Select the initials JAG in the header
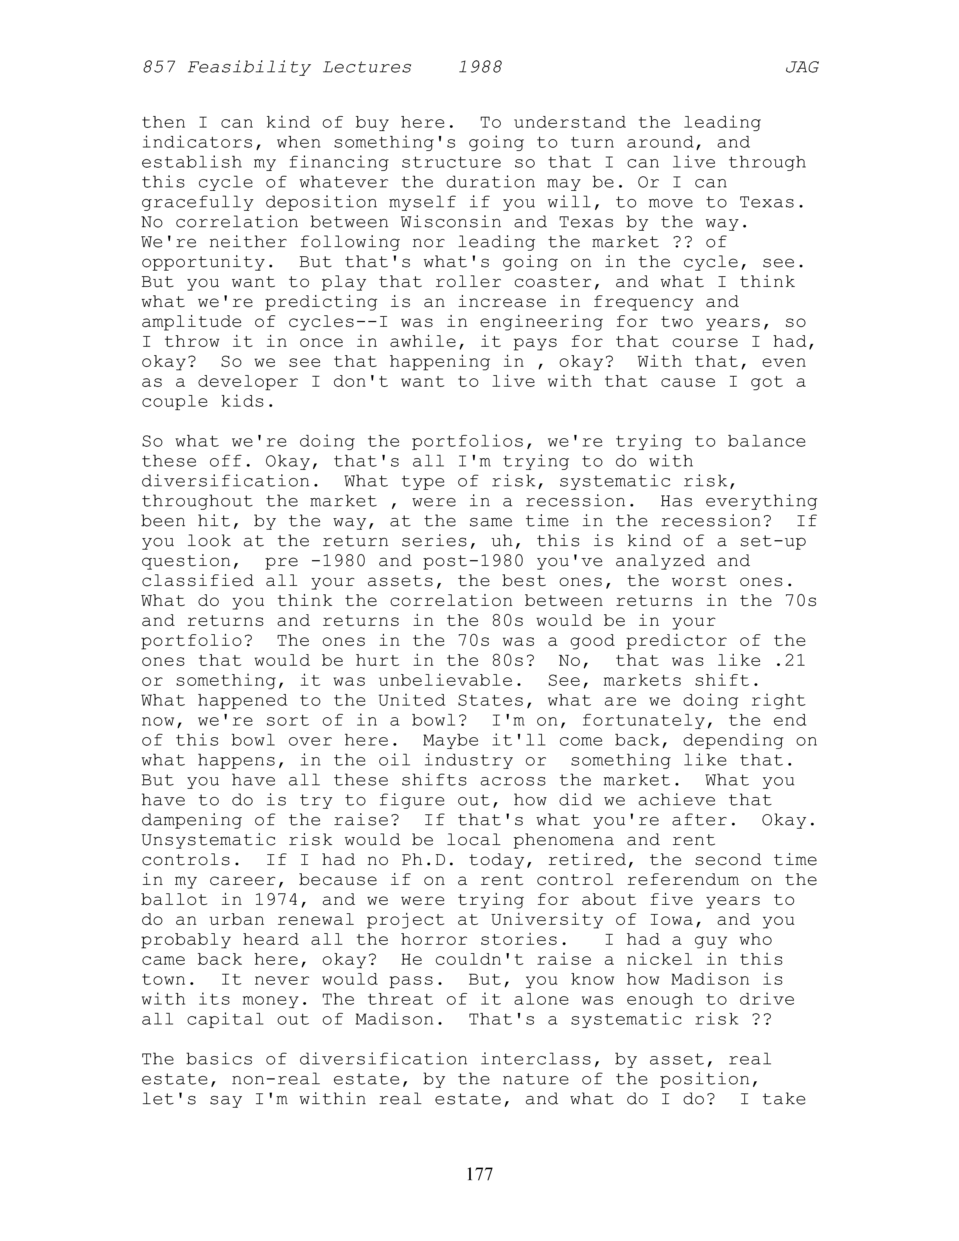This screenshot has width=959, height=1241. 802,68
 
